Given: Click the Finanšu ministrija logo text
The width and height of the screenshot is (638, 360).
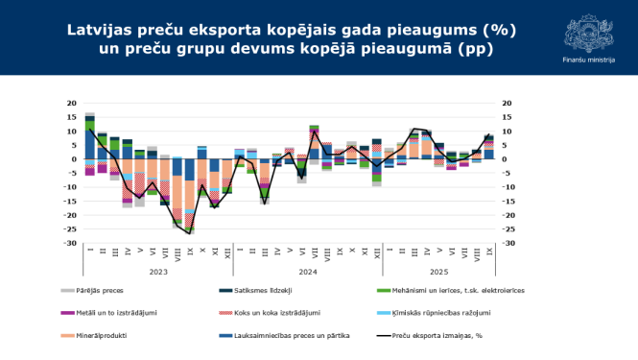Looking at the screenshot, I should (588, 60).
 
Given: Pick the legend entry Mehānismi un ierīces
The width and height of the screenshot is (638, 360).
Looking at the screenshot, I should (440, 289).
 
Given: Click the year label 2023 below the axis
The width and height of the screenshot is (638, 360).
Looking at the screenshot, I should (158, 272).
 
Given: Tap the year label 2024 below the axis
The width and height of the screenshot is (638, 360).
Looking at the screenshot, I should (306, 272).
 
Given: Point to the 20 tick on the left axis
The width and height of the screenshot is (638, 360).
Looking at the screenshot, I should (71, 104).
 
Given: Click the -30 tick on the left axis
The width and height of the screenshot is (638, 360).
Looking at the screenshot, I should (69, 243).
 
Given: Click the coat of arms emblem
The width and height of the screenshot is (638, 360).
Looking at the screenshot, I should (588, 29).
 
